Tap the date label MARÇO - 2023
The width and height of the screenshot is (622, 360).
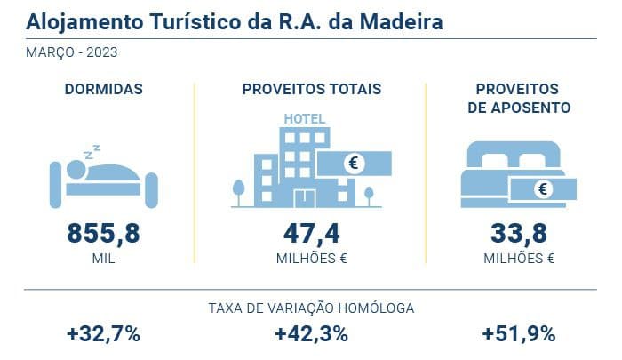[73, 52]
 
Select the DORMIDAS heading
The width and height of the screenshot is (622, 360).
[104, 89]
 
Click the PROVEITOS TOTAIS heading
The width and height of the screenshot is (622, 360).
[311, 89]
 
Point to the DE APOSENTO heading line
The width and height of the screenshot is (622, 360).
[519, 108]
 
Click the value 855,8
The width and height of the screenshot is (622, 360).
[104, 235]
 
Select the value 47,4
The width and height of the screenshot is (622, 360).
[311, 235]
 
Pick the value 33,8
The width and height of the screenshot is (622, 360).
[519, 235]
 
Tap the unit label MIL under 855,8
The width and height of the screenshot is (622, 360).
[104, 260]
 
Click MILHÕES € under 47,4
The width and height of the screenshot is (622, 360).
[311, 260]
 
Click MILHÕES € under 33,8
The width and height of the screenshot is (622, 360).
[519, 260]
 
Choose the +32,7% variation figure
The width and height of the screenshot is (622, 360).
[103, 335]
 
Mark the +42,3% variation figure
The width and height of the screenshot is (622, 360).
[311, 335]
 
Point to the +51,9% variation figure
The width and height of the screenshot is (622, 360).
[519, 335]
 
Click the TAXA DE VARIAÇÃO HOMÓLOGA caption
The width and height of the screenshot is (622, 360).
[311, 308]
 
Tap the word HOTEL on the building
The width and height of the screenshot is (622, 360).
[304, 119]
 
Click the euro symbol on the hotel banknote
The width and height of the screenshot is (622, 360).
[355, 164]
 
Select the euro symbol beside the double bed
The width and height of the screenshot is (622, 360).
[543, 189]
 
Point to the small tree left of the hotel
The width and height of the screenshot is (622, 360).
[237, 191]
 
